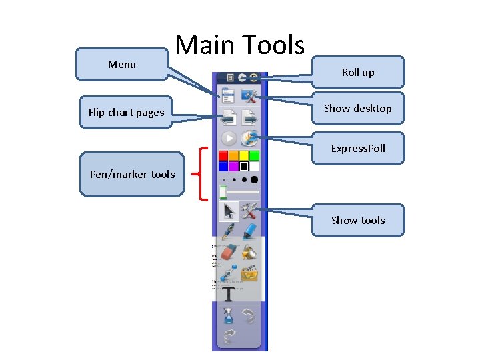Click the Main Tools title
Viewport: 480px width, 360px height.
tap(239, 45)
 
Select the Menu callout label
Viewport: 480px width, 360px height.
tap(122, 65)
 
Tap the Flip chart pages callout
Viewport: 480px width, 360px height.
tap(126, 113)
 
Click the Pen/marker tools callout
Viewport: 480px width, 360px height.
tap(132, 175)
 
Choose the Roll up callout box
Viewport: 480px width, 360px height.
tap(358, 73)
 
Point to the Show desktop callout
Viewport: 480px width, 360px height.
tap(358, 108)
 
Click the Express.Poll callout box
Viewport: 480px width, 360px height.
tap(358, 148)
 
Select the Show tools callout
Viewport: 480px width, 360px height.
tap(358, 220)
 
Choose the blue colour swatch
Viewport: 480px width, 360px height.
tap(223, 166)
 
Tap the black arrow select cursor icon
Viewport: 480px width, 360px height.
tap(229, 212)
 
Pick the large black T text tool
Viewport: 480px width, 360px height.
tap(229, 294)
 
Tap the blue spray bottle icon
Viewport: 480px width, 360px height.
tap(229, 315)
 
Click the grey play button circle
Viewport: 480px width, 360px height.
tap(229, 138)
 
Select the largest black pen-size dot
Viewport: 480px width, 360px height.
tap(254, 179)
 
